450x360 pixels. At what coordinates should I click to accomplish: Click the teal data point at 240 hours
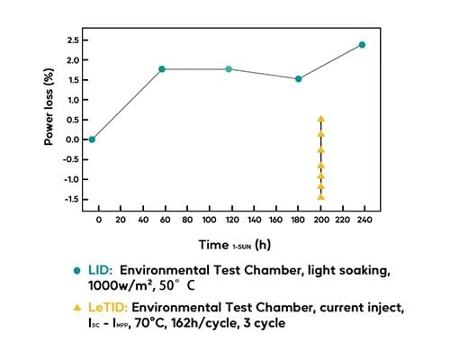pos(362,45)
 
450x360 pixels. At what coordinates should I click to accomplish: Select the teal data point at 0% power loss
pos(92,139)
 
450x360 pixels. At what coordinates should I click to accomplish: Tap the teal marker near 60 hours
pos(162,69)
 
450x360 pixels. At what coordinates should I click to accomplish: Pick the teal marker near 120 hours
pos(229,69)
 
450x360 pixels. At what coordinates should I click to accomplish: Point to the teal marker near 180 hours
pos(298,79)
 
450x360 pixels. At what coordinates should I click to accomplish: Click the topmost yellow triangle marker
pos(320,119)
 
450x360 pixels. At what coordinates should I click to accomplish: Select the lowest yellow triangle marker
pos(320,196)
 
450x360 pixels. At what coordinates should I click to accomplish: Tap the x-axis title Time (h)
pos(234,244)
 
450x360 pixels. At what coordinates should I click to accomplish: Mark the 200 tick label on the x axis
pos(320,220)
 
